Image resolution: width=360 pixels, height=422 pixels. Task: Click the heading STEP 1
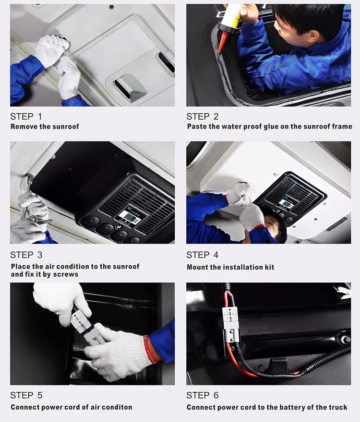tap(26, 117)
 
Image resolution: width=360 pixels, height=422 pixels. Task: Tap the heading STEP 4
tap(202, 255)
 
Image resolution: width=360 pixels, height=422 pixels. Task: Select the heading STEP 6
tap(202, 395)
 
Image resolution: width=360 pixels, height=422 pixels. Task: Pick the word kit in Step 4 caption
tap(269, 267)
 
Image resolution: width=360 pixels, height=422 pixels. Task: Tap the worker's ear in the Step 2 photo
tap(313, 36)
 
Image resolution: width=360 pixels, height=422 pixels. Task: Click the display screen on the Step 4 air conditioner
tap(286, 203)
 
